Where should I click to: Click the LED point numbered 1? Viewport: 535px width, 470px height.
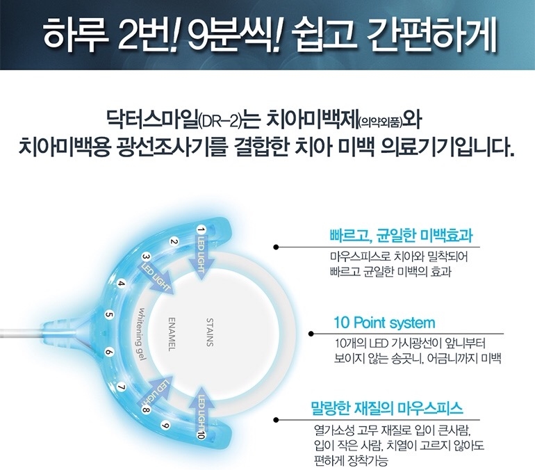pyautogui.click(x=201, y=229)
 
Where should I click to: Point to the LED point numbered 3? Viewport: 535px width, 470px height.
pyautogui.click(x=147, y=256)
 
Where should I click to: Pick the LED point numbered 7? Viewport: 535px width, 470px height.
pyautogui.click(x=122, y=387)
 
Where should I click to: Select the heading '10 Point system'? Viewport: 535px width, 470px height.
pyautogui.click(x=384, y=323)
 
